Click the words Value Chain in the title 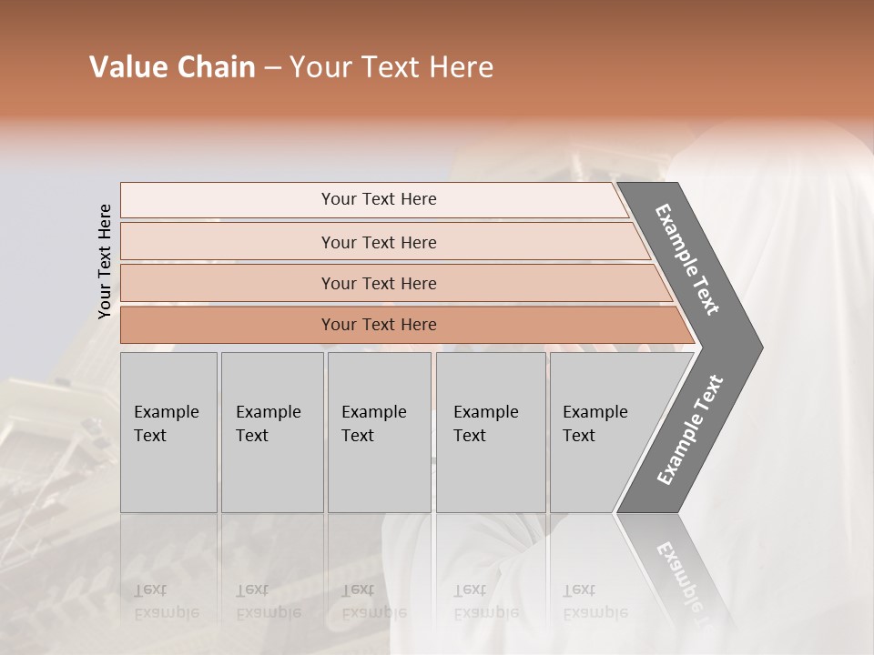172,67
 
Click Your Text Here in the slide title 391,67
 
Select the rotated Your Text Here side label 105,261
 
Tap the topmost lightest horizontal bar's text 379,199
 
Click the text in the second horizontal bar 379,243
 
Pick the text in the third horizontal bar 379,284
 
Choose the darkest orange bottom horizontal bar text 379,325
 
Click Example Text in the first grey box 166,424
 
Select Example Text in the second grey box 268,424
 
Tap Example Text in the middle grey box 373,424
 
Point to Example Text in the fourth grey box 485,424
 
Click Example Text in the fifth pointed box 595,424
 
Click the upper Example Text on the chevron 687,259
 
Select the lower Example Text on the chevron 689,430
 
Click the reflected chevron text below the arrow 683,582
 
